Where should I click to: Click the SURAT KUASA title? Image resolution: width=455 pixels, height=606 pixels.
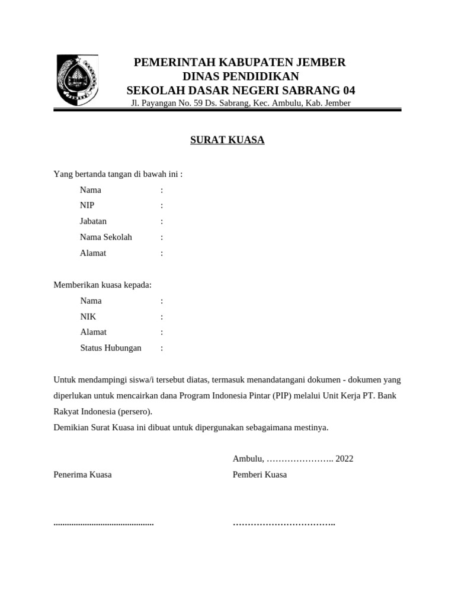(x=227, y=140)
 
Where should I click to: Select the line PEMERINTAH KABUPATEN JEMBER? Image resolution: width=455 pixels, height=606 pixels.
(x=239, y=63)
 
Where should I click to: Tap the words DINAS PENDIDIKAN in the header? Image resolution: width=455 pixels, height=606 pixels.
(x=241, y=76)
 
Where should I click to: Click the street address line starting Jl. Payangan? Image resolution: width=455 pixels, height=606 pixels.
(x=241, y=103)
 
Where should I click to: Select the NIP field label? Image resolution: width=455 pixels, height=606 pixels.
(x=87, y=205)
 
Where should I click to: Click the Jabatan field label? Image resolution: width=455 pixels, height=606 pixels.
(x=93, y=221)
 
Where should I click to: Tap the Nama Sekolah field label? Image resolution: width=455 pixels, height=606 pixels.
(x=106, y=237)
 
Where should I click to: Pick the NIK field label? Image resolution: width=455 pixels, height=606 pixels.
(x=88, y=317)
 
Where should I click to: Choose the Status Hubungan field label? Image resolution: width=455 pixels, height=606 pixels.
(x=111, y=348)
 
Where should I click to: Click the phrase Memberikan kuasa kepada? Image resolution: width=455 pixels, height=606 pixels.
(x=102, y=285)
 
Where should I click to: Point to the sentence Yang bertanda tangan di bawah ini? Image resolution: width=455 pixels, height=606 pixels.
(x=118, y=174)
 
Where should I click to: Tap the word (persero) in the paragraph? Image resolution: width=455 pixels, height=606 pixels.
(x=134, y=411)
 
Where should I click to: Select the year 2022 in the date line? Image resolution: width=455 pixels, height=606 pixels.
(x=344, y=459)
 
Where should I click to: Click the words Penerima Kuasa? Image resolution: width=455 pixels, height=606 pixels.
(x=82, y=475)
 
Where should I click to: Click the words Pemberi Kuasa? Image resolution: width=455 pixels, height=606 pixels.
(x=259, y=475)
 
